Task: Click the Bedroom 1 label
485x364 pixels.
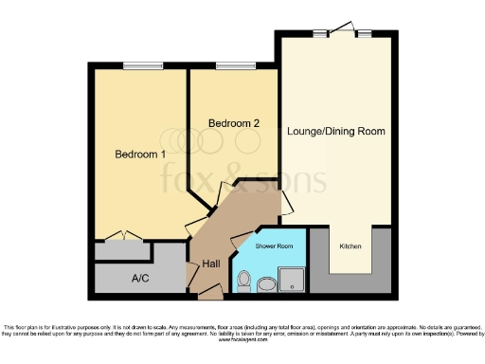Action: pos(140,154)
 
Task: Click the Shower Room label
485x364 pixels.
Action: pos(273,246)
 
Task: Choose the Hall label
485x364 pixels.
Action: pos(212,265)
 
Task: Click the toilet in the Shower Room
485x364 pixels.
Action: pos(242,282)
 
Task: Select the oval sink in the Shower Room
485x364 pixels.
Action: pos(266,282)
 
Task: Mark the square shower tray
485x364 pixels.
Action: pos(293,279)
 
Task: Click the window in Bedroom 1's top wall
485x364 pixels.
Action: pos(135,65)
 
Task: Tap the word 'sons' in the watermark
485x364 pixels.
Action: pos(294,179)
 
